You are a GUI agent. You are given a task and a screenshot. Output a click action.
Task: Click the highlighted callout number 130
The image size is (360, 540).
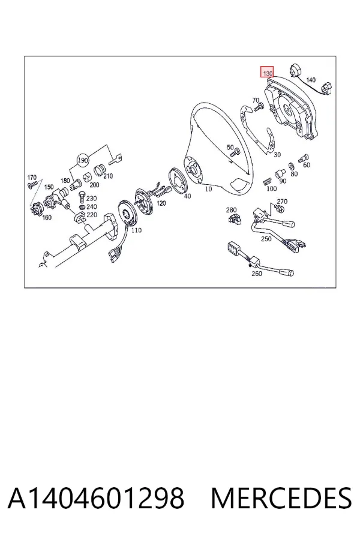[268, 73]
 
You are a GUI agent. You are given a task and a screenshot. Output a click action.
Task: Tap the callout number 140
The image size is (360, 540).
[310, 80]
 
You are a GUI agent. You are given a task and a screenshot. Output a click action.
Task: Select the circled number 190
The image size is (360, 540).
[83, 160]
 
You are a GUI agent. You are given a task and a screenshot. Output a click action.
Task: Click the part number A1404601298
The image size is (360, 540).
[96, 498]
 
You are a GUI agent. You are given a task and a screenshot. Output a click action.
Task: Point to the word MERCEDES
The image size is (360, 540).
[281, 498]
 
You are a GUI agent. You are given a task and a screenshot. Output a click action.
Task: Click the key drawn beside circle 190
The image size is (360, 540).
[116, 159]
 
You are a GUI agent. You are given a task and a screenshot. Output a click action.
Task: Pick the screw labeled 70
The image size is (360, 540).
[259, 107]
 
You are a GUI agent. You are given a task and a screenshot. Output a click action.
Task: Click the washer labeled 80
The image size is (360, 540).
[291, 166]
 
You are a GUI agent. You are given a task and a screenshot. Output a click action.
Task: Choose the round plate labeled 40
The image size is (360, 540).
[178, 181]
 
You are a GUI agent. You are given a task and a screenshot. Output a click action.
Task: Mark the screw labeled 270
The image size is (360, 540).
[280, 208]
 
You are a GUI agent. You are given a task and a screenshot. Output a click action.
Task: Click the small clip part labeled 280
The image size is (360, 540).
[235, 218]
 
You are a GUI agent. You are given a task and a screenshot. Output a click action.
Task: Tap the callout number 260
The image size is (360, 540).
[257, 274]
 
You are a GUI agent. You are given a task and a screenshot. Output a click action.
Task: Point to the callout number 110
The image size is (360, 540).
[136, 230]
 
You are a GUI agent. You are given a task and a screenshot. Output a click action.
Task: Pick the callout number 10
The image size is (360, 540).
[208, 189]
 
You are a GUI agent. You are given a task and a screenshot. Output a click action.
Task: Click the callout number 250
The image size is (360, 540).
[266, 238]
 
